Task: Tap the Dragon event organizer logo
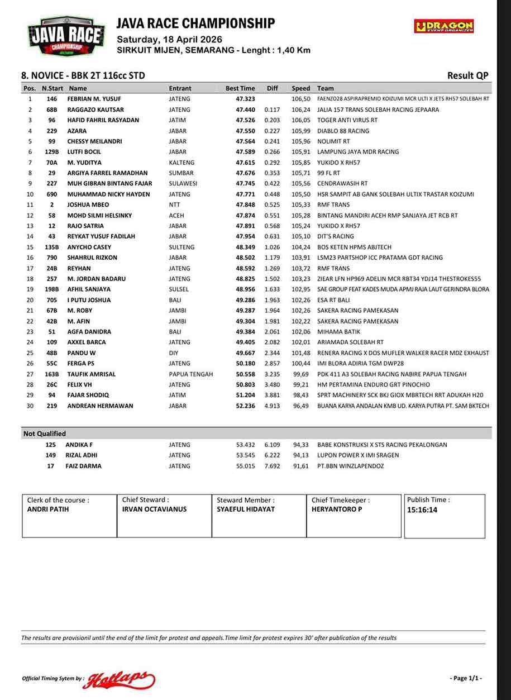[x=444, y=26]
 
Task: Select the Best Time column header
[x=240, y=88]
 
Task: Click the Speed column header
[x=300, y=88]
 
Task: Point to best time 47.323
[x=245, y=99]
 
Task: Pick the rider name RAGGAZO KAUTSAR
[x=95, y=109]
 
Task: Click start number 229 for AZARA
[x=52, y=131]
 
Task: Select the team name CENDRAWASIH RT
[x=342, y=183]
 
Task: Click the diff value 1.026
[x=272, y=247]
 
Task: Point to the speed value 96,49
[x=300, y=406]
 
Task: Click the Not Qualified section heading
[x=45, y=434]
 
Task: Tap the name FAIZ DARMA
[x=83, y=466]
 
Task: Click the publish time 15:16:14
[x=422, y=510]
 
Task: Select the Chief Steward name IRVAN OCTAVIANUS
[x=154, y=509]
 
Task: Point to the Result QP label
[x=468, y=76]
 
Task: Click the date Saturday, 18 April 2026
[x=169, y=40]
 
